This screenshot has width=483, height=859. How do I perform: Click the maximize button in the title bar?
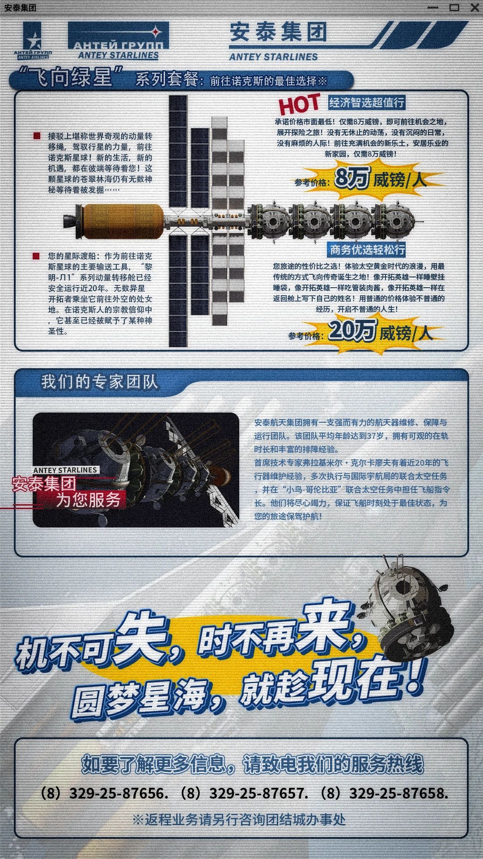454,8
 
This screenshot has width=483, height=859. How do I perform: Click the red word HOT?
299,104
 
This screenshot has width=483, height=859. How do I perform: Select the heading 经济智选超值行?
367,102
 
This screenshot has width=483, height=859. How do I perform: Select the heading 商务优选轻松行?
367,250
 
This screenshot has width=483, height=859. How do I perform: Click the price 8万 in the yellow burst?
352,178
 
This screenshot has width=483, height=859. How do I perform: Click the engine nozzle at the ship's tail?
70,221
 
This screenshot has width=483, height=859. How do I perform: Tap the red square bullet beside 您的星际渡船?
37,256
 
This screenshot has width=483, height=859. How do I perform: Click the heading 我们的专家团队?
100,382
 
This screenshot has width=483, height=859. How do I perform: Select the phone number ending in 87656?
103,793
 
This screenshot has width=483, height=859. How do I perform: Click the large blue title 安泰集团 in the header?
278,32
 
